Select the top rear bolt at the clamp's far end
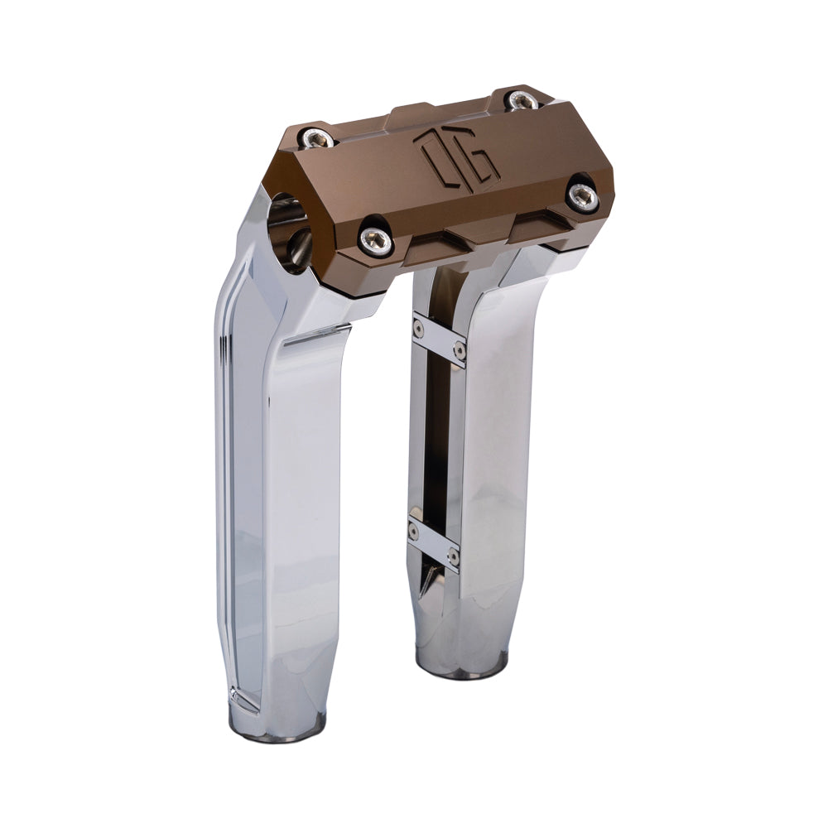(520, 101)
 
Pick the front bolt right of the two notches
(582, 195)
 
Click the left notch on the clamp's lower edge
(436, 245)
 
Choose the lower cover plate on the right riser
(433, 542)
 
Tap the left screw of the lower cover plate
(414, 530)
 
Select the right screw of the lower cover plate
(453, 556)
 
